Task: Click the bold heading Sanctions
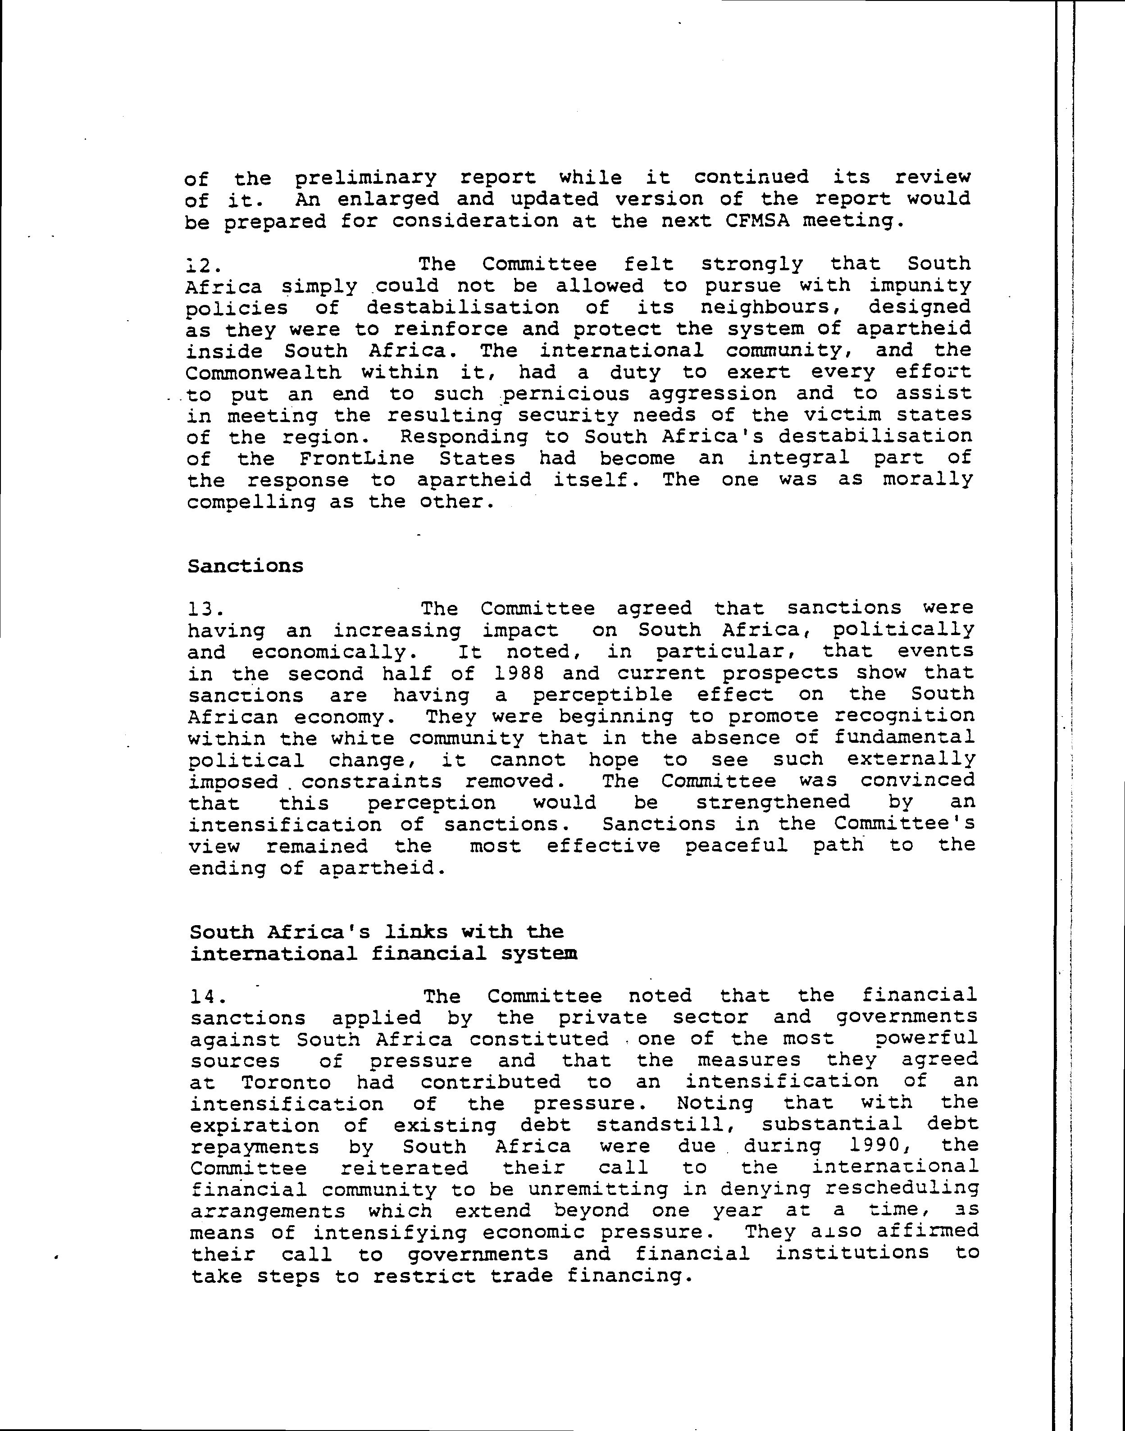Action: click(245, 566)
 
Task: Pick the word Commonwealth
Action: click(264, 373)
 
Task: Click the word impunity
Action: click(920, 286)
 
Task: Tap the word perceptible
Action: click(602, 695)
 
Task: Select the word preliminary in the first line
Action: click(365, 178)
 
